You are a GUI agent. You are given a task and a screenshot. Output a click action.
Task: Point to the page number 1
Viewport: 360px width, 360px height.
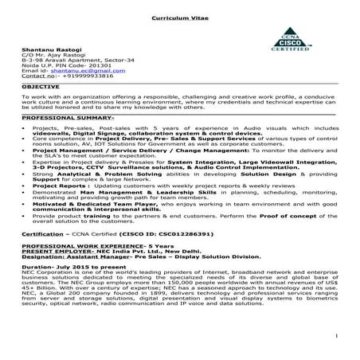coord(338,343)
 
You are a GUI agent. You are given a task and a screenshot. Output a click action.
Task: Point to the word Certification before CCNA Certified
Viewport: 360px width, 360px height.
coord(41,235)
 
